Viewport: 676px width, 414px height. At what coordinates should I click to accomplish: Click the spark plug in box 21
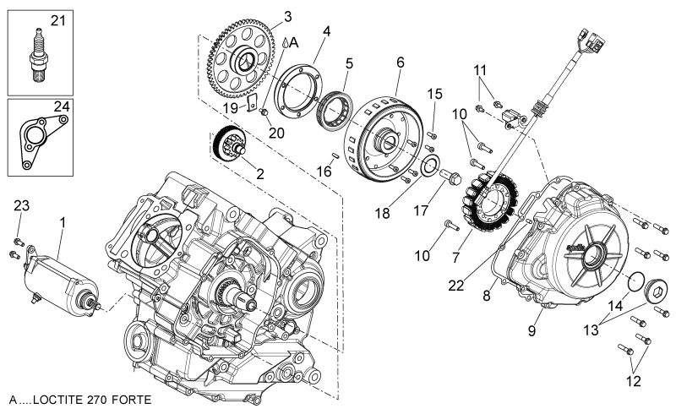(39, 55)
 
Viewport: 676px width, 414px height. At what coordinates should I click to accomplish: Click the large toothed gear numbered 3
(242, 58)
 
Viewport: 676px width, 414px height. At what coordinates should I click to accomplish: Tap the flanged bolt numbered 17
(450, 177)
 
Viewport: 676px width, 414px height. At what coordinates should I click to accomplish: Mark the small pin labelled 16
(335, 155)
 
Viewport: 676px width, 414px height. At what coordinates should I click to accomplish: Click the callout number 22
(456, 285)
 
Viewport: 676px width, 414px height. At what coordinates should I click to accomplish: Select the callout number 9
(532, 330)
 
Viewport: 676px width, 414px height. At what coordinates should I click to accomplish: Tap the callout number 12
(633, 381)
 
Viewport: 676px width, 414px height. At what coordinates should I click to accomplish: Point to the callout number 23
(22, 205)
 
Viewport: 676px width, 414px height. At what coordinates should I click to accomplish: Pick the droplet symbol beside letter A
(285, 42)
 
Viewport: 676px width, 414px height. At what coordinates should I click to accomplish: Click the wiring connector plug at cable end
(594, 40)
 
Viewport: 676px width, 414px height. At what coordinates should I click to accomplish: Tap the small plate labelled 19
(252, 103)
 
